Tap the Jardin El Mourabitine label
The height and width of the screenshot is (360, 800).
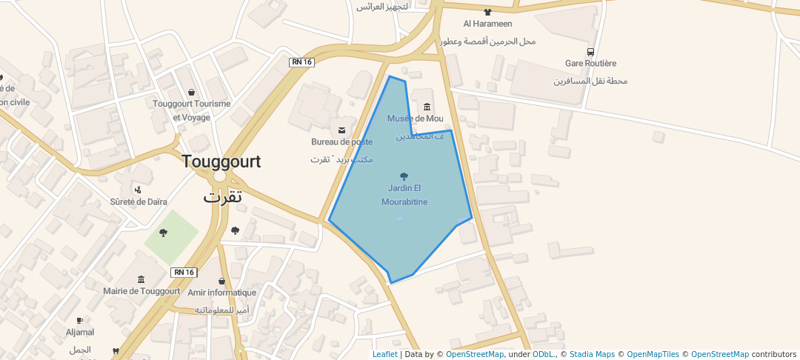tap(404, 195)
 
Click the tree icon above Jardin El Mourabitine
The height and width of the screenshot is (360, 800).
tap(404, 176)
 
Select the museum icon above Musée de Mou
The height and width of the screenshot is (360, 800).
tap(427, 107)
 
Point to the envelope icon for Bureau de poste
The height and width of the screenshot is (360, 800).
tap(341, 130)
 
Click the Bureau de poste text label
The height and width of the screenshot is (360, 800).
tap(341, 141)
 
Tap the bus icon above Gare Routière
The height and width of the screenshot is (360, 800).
tap(590, 52)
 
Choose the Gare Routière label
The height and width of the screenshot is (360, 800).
tap(590, 64)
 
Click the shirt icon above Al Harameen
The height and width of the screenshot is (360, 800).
tap(487, 12)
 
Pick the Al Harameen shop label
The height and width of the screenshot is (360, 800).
tap(487, 23)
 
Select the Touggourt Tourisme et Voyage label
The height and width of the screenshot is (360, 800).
tap(192, 110)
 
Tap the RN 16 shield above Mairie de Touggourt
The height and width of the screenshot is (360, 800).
tap(184, 272)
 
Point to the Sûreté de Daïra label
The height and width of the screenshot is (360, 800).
tap(139, 201)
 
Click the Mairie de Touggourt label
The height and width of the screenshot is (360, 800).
tap(141, 291)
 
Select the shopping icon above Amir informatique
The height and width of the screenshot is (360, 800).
tap(222, 281)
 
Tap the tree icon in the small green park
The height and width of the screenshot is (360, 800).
tap(164, 233)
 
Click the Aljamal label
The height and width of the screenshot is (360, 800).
tap(80, 332)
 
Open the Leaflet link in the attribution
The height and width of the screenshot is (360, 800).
tap(384, 354)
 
